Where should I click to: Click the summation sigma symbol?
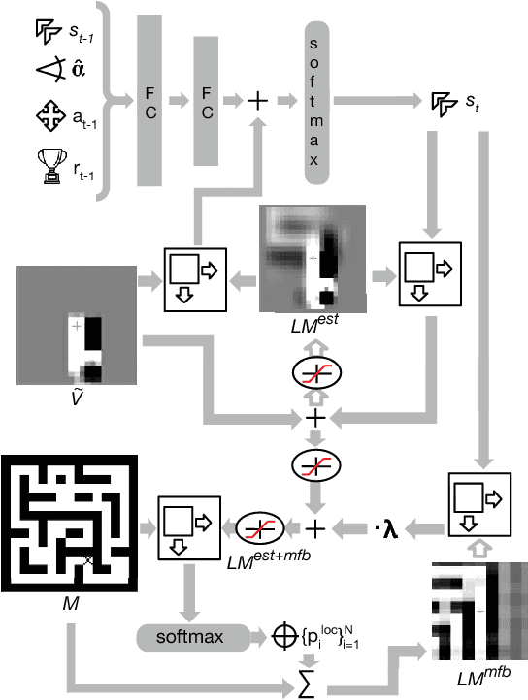tap(313, 688)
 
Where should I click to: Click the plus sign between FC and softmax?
tap(258, 100)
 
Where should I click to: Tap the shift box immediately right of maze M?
tap(189, 528)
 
